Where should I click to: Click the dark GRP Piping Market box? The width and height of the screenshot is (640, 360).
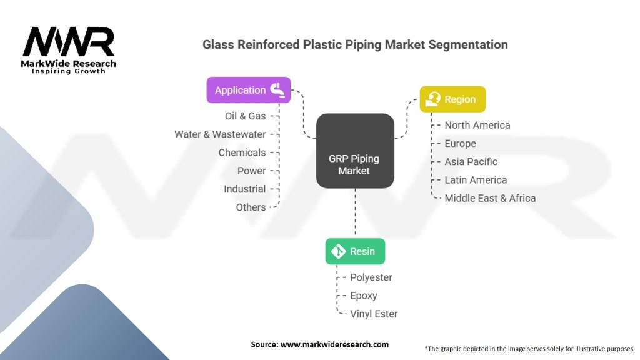[x=354, y=151]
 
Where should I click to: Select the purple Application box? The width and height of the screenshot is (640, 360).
[x=249, y=90]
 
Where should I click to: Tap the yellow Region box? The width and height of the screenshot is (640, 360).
[x=452, y=99]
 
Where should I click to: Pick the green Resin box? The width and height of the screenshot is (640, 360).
[x=355, y=251]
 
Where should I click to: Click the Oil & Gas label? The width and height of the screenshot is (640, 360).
[x=245, y=116]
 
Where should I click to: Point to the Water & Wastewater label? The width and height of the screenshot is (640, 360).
[x=220, y=134]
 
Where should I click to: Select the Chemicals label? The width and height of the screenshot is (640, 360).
[x=242, y=152]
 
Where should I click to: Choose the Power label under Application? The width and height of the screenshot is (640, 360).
[x=251, y=171]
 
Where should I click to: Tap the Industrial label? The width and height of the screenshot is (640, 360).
[x=244, y=189]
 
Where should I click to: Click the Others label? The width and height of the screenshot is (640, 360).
[x=251, y=207]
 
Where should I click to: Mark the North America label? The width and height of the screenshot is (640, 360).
[x=477, y=125]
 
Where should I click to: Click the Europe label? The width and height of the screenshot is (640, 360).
[x=460, y=143]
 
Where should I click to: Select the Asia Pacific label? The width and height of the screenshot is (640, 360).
[x=471, y=161]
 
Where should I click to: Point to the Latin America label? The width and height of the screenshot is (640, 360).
[x=476, y=180]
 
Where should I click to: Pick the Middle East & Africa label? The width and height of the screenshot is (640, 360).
[x=490, y=198]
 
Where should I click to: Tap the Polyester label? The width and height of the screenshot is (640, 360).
[x=371, y=277]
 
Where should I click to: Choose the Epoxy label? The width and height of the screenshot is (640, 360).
[x=363, y=296]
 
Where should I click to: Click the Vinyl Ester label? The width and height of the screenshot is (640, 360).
[x=374, y=314]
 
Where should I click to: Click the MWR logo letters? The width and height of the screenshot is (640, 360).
[x=69, y=42]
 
